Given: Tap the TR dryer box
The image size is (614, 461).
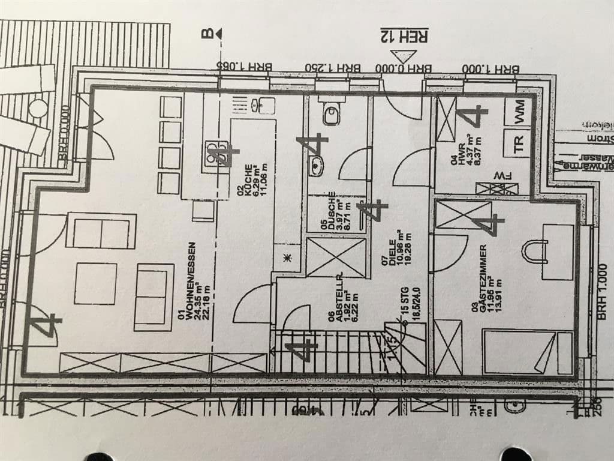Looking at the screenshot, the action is click(x=518, y=143).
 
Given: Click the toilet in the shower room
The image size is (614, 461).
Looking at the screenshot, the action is click(x=330, y=112).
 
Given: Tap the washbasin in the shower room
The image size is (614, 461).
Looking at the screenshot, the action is click(x=316, y=166).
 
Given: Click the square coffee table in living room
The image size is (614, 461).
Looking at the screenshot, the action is click(x=95, y=283).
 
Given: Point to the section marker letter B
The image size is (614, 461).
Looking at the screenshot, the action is click(x=207, y=34).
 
